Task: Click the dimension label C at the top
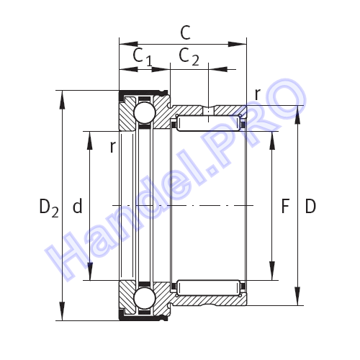185,32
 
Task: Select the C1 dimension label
143,57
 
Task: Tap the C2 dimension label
189,57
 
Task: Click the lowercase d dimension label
77,206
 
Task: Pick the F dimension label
285,206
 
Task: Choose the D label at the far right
310,206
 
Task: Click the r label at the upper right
258,94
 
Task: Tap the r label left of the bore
113,147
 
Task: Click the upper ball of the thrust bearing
145,113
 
